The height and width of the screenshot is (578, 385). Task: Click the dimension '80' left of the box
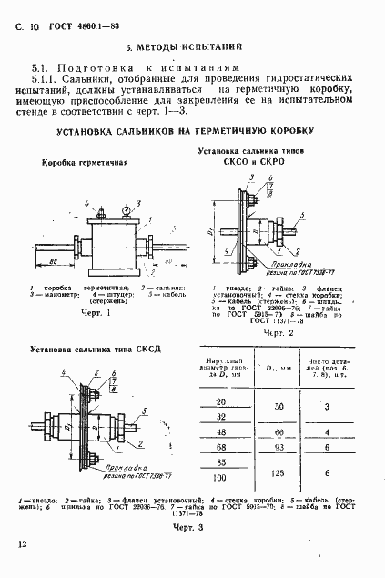[x=56, y=261]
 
